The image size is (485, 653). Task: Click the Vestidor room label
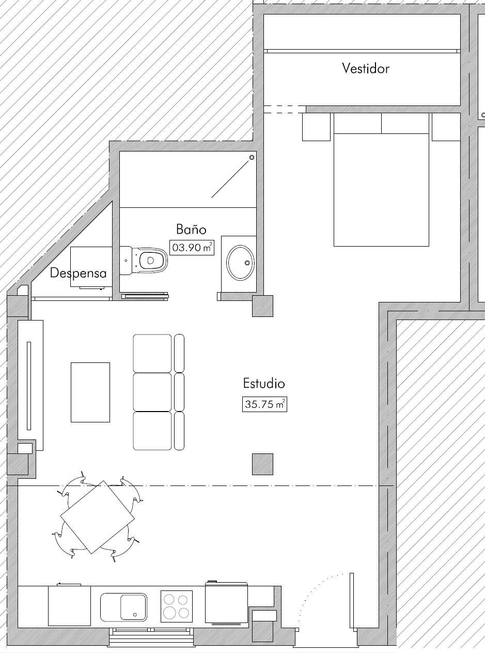366,68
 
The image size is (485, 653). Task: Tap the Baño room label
191,229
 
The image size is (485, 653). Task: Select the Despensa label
79,273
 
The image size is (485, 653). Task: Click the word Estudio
263,384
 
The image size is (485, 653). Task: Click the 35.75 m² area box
264,404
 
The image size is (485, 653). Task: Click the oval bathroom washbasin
241,263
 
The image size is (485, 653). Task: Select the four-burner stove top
176,606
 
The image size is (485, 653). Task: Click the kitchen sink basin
133,606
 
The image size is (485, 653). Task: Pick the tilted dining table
97,517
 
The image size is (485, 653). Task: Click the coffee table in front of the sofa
90,392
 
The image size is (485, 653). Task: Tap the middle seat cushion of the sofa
152,391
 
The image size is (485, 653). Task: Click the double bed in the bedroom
381,189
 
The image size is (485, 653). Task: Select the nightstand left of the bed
316,127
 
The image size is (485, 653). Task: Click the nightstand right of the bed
445,127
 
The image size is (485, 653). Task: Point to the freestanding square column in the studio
262,464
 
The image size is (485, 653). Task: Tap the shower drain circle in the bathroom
252,157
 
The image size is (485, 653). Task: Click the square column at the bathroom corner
262,306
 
